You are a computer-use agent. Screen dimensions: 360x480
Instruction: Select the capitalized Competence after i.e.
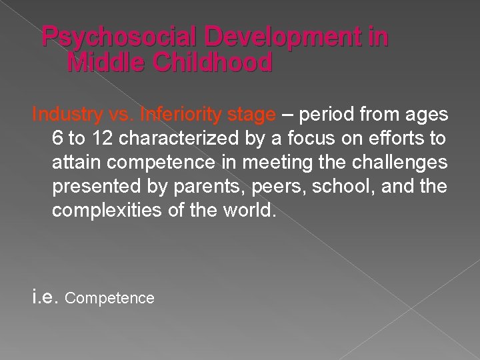click(110, 298)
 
